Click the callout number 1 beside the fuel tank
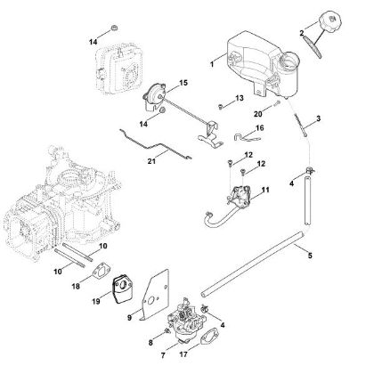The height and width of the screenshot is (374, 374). tap(210, 64)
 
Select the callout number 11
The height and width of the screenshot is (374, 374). tap(264, 191)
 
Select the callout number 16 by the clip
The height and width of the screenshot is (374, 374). tap(260, 128)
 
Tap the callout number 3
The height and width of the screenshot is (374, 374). tap(318, 118)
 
